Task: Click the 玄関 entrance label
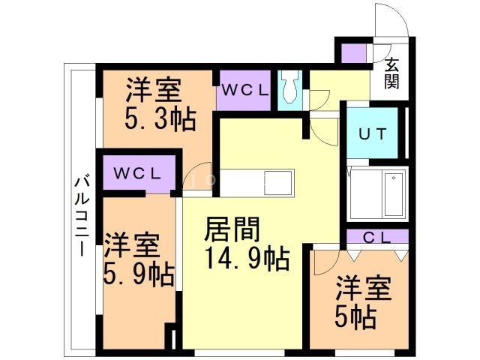click(x=392, y=73)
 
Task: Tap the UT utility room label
click(x=372, y=135)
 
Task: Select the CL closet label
click(x=378, y=238)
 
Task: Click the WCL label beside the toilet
click(x=244, y=91)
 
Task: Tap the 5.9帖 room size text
click(x=139, y=274)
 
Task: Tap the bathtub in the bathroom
click(x=392, y=194)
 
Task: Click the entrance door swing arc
click(x=391, y=21)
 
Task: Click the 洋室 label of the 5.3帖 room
click(x=154, y=91)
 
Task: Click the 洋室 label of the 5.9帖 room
click(x=131, y=245)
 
